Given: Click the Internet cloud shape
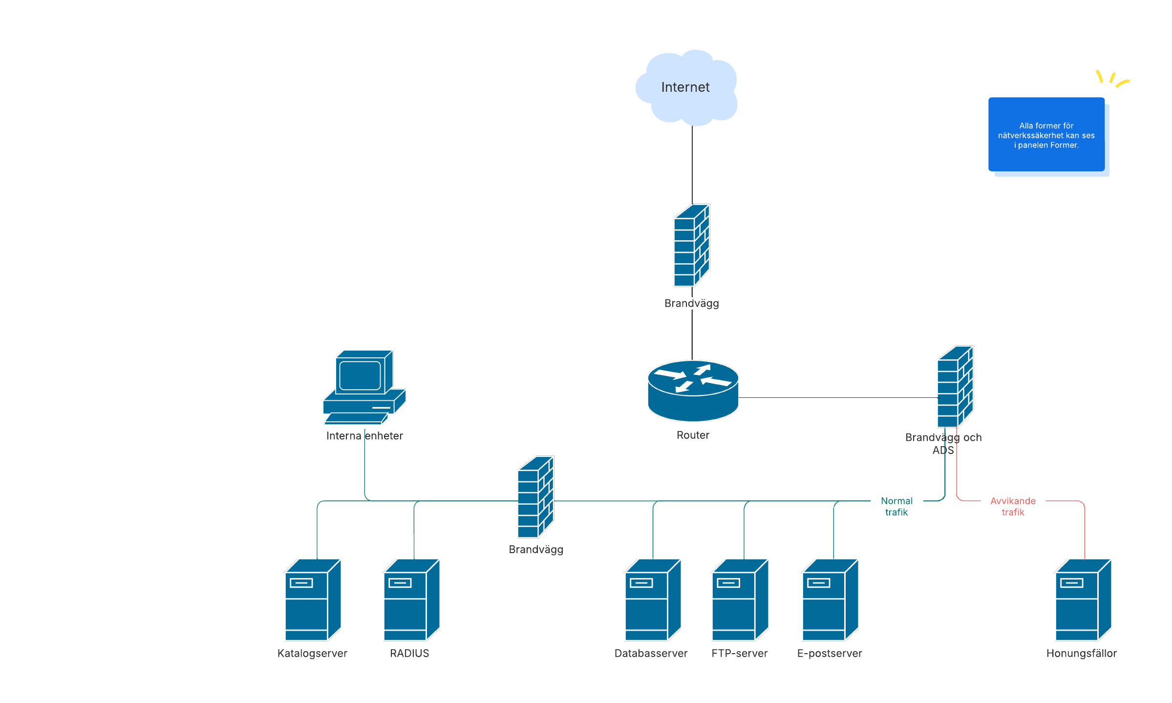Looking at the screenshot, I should point(686,88).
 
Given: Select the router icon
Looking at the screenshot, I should point(693,391).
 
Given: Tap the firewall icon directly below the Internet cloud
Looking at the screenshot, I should point(692,245).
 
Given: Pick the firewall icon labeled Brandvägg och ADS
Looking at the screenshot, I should point(955,387).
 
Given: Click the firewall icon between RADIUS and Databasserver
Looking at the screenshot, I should point(535,497).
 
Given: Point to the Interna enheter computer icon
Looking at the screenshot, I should point(364,387).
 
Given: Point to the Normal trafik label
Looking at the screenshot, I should point(896,506).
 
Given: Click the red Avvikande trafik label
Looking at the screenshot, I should point(1013,506).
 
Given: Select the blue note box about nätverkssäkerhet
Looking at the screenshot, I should point(1046,134).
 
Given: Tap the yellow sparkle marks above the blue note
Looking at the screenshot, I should point(1112,79).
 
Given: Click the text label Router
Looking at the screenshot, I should point(693,435).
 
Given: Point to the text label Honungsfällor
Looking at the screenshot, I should point(1081,653).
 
